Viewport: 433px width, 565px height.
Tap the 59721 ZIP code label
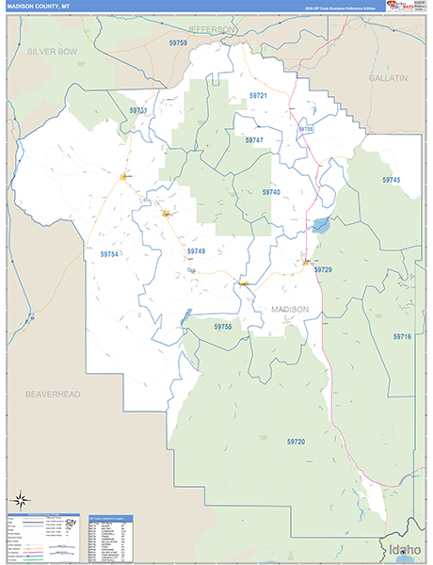258,96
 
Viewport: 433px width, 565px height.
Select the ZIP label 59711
138,110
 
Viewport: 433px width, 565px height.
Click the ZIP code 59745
391,179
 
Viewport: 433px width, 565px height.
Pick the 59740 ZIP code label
271,192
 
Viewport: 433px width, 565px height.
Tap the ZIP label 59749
196,251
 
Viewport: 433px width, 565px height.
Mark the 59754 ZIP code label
109,254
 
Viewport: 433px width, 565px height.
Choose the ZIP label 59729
323,270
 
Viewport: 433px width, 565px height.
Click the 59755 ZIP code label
222,326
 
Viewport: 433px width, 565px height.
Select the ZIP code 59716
402,336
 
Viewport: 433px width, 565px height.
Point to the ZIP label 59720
297,441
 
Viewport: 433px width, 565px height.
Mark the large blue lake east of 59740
321,226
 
